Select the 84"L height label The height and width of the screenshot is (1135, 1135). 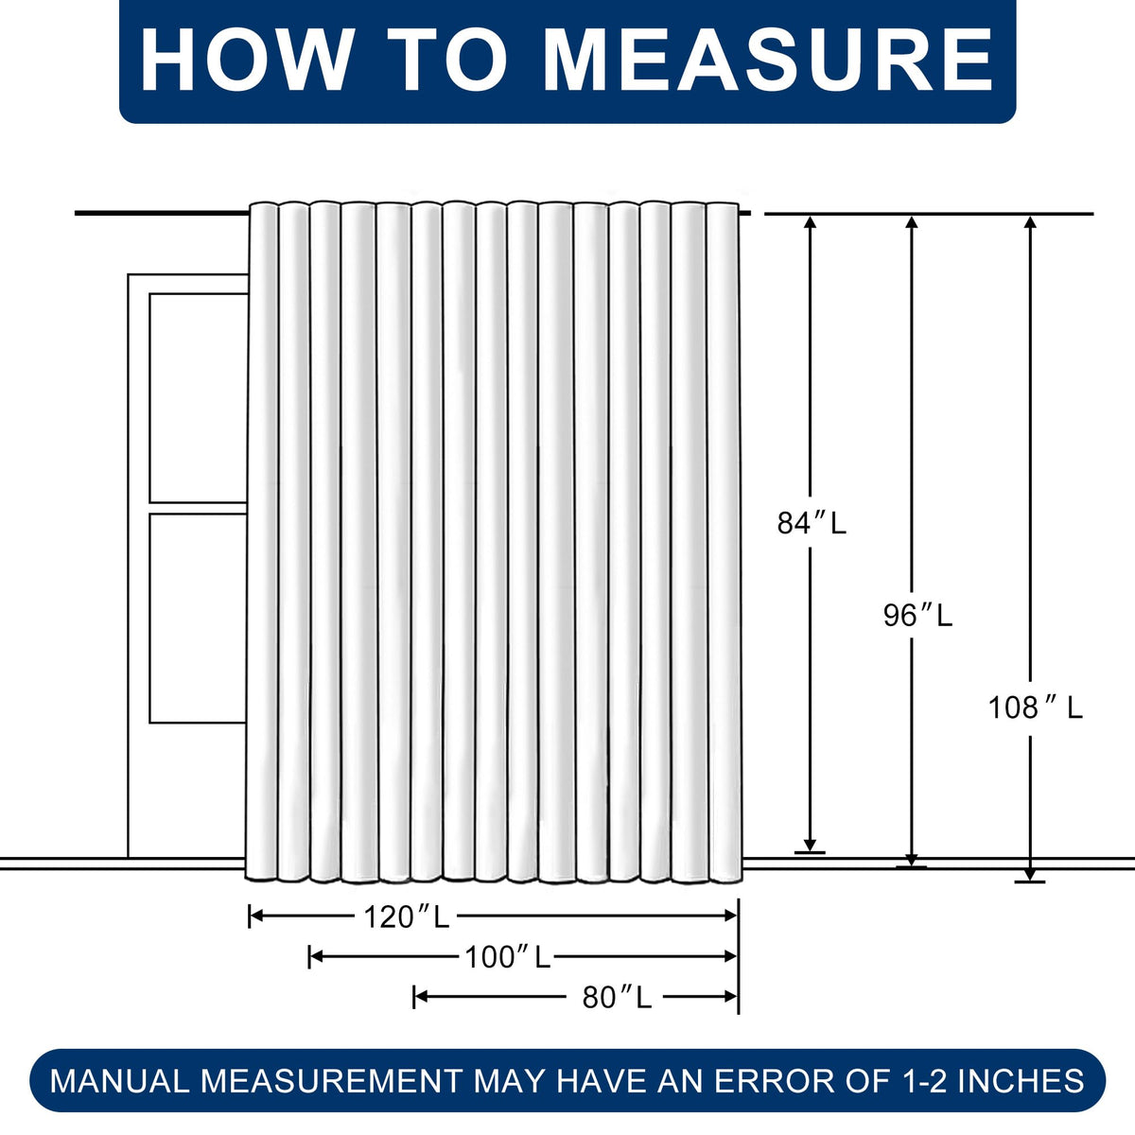[x=811, y=523]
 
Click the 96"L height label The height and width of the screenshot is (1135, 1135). [x=917, y=616]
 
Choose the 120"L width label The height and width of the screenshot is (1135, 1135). [x=407, y=917]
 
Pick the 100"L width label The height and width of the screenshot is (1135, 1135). [x=507, y=957]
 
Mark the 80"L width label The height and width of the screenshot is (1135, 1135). [x=617, y=998]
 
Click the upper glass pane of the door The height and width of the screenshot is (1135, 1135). [x=198, y=397]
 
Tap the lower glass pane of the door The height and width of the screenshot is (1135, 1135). [x=198, y=619]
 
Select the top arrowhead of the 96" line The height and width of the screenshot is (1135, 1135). [x=912, y=222]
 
